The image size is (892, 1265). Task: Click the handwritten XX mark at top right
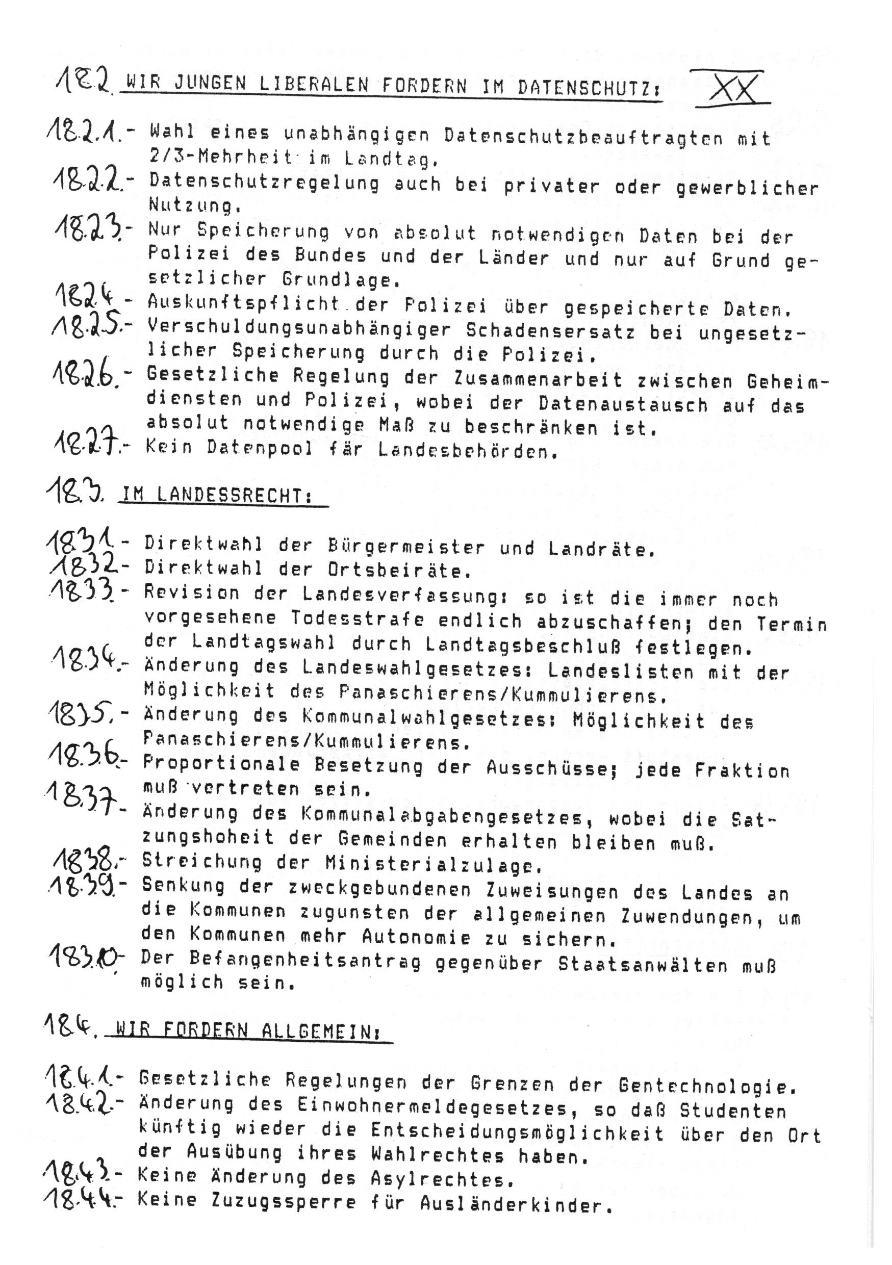tap(730, 87)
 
